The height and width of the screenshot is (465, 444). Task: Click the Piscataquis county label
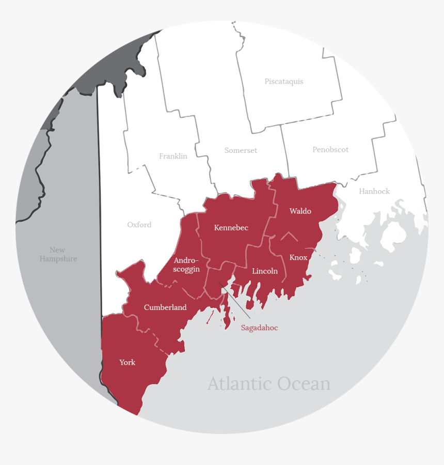pos(284,82)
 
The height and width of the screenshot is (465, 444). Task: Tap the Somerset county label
pos(241,150)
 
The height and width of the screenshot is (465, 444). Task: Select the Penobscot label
pos(330,150)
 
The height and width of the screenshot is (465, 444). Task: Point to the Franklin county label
pos(173,156)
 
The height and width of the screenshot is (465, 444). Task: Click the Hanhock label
pos(374,191)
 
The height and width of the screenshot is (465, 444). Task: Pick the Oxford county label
pos(139,225)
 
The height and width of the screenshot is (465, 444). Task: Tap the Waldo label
pos(300,211)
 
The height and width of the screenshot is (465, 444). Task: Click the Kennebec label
pos(231,228)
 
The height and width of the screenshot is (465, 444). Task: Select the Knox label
pos(298,257)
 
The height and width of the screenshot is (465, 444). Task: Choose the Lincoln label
pos(265,271)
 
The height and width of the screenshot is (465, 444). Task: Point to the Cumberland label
pos(165,307)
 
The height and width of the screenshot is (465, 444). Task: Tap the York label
pos(127,363)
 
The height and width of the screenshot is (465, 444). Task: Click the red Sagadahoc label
pos(259,328)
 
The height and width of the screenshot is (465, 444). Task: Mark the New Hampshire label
pos(58,254)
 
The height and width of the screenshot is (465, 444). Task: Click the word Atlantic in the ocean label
pos(240,384)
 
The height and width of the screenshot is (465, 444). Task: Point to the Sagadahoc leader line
pos(235,300)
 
